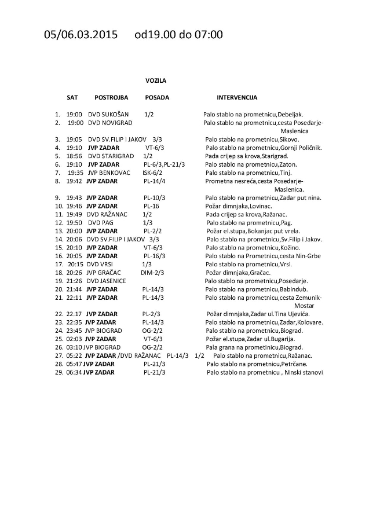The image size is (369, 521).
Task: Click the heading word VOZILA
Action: pos(156,81)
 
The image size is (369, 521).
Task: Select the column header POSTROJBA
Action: pos(111,97)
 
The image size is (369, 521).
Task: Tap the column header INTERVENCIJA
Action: pos(237,97)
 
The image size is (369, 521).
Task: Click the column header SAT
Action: pos(72,97)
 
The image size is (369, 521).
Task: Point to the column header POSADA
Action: pos(157,97)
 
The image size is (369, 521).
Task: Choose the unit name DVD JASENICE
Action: pos(108,280)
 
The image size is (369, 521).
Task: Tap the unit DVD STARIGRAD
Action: pos(111,156)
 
